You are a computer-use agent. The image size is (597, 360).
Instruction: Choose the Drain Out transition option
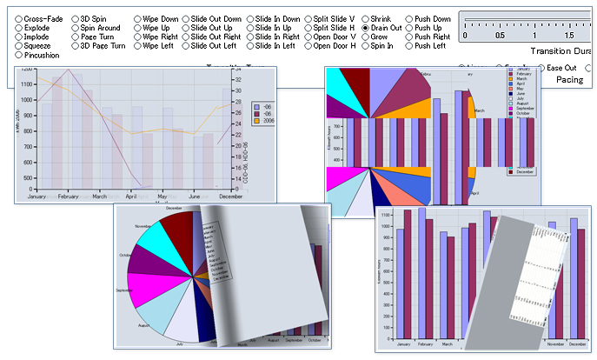point(365,28)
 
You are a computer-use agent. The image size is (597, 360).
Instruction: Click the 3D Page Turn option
point(76,45)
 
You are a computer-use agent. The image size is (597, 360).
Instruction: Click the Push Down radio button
point(410,18)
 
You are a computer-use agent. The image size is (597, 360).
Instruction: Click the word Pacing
point(570,79)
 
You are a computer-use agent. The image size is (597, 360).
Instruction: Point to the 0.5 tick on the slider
point(499,36)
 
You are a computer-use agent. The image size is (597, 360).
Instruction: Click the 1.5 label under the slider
point(568,36)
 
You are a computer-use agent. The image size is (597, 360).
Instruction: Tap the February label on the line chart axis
point(69,197)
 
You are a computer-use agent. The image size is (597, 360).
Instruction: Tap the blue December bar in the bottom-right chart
point(574,278)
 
